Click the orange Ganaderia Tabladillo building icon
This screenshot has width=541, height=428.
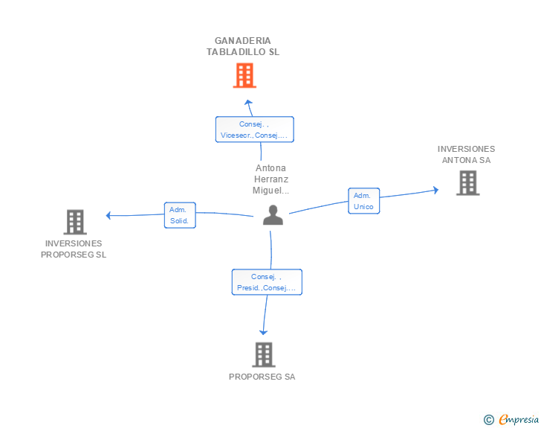(244, 75)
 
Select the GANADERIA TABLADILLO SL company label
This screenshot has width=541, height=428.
(243, 46)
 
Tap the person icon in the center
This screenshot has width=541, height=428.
(273, 215)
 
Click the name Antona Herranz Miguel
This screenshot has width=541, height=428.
(270, 179)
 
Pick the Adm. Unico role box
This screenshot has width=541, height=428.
(363, 201)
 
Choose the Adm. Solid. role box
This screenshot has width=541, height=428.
(180, 215)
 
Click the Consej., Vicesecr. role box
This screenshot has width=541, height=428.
(254, 130)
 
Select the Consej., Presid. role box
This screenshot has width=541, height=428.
(267, 282)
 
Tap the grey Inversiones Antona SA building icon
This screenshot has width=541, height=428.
(467, 183)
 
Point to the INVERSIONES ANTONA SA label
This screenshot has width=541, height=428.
(466, 154)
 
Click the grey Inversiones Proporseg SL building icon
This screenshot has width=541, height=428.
(75, 222)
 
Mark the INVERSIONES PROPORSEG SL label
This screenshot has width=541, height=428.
(74, 249)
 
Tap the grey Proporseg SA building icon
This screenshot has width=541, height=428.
(264, 355)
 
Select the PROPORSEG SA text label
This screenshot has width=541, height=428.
(262, 377)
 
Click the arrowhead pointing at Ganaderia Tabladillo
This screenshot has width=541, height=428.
(248, 103)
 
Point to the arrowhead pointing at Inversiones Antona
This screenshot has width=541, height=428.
(435, 191)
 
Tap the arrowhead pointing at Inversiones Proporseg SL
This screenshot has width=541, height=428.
(108, 216)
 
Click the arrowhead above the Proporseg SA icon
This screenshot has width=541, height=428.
(263, 333)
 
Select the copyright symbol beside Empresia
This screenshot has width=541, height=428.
(488, 420)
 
